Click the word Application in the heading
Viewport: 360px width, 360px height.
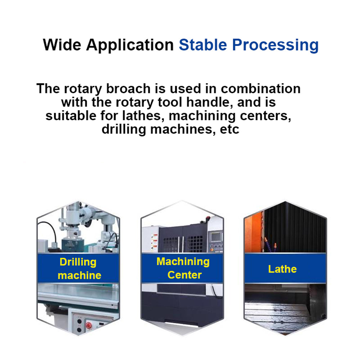point(130,45)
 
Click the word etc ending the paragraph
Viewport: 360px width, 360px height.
point(230,129)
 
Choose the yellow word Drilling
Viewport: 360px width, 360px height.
point(78,262)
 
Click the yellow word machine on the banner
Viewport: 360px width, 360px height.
point(79,275)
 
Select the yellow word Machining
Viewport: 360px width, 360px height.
point(183,261)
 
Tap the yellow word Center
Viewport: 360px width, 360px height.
point(184,275)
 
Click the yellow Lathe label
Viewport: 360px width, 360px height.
point(282,269)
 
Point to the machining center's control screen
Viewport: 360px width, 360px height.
point(216,236)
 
